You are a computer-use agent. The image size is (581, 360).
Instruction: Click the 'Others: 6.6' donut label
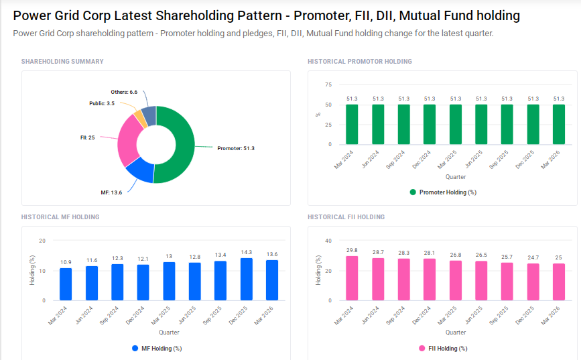point(124,92)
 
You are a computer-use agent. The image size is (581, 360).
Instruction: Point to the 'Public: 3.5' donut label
point(102,103)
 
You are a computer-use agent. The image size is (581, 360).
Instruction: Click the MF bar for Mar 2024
point(66,284)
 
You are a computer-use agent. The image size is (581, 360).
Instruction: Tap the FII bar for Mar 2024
point(352,278)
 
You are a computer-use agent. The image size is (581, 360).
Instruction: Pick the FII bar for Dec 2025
point(533,282)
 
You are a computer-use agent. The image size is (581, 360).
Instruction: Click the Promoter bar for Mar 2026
point(558,125)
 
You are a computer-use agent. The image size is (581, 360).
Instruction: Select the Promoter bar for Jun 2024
point(378,125)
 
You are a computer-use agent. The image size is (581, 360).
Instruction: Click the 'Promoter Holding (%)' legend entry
point(442,192)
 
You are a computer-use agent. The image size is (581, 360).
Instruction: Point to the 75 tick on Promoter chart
point(328,85)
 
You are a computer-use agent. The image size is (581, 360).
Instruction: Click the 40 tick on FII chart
point(328,241)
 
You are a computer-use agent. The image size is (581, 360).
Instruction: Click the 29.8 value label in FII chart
point(352,250)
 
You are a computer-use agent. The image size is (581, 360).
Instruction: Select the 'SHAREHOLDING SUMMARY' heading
point(62,62)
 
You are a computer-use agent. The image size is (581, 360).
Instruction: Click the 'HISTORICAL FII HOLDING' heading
point(346,217)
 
